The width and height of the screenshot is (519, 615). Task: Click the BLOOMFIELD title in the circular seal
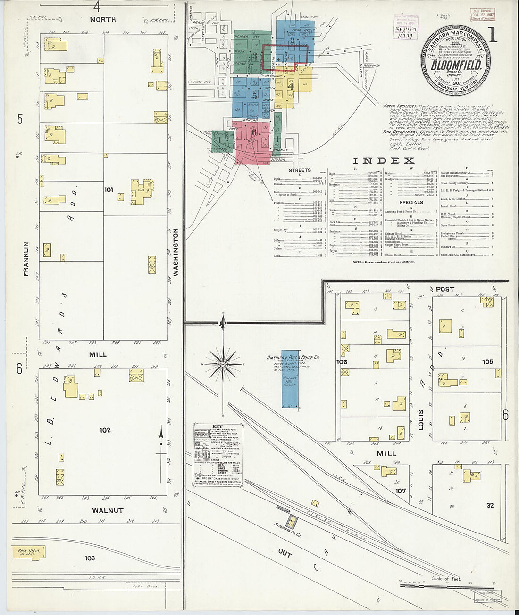456,64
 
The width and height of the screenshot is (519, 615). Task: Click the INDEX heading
383,161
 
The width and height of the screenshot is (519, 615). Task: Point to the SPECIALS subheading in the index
411,202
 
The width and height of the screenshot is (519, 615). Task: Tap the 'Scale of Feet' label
446,578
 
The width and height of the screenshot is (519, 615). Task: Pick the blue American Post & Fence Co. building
290,379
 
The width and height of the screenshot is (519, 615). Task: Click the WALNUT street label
108,510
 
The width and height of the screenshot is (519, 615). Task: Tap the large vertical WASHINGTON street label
176,252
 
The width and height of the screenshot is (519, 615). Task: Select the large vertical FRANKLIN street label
26,259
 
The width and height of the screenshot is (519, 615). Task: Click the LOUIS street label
421,420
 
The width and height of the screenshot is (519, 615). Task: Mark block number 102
105,430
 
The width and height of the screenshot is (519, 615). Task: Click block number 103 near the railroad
90,558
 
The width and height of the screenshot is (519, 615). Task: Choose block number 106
341,362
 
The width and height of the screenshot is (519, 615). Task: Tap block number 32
490,505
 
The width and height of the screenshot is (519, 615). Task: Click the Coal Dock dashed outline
146,586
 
